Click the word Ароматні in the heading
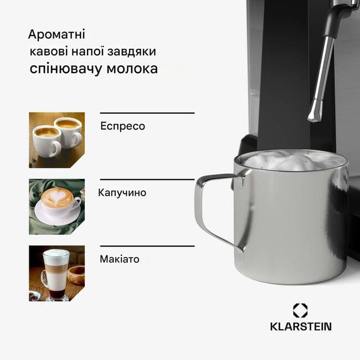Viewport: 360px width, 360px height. coord(56,34)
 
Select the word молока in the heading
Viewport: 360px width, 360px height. coord(132,69)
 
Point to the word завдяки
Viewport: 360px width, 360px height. coord(132,52)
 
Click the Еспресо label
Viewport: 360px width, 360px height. coord(122,126)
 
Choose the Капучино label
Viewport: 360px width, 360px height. coord(122,193)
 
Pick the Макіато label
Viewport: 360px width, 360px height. coord(120,259)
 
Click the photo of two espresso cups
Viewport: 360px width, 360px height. coord(56,140)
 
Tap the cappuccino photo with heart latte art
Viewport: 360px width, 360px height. coord(56,207)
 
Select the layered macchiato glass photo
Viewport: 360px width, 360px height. coord(56,273)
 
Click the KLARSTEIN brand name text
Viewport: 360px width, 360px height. coord(301,326)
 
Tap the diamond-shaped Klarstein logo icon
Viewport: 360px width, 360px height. coord(300,311)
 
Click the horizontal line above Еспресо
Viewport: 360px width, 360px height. coord(147,113)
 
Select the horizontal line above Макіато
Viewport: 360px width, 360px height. coord(147,246)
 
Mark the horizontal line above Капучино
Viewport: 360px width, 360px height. coord(147,179)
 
